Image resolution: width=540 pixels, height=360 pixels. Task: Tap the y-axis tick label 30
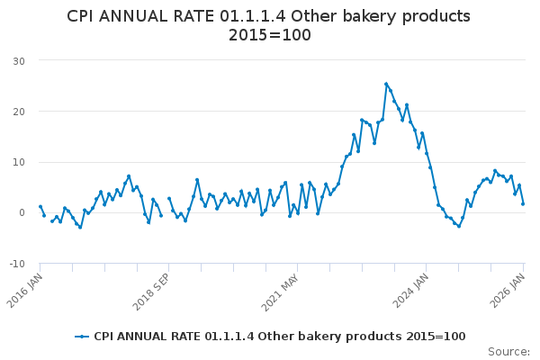point(17,60)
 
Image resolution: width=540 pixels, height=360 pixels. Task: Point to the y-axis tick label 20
point(17,112)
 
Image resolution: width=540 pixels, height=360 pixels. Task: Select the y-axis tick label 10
point(17,162)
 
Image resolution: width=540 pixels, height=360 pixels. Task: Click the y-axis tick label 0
point(21,213)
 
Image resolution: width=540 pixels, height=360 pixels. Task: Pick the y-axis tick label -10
point(15,264)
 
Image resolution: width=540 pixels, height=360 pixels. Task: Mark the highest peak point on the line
point(386,85)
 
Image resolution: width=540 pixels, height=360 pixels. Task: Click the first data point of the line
point(40,206)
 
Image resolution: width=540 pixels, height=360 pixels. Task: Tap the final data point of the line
point(523,203)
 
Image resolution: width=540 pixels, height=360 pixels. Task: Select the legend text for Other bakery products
point(279,337)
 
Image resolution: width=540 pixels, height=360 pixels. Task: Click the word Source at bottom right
point(508,351)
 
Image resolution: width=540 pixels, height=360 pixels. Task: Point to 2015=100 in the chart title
point(270,36)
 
